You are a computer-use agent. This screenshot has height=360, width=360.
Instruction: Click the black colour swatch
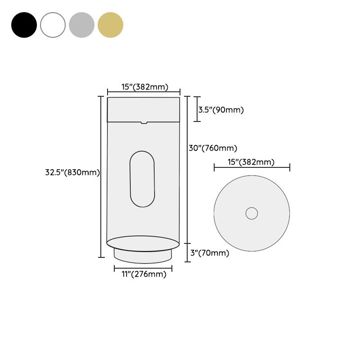coord(24,25)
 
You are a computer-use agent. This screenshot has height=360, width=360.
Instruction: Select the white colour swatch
coord(53,25)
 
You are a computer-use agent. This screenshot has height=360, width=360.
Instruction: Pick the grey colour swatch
coord(81,25)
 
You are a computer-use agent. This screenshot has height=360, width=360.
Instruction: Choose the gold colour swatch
coord(110,25)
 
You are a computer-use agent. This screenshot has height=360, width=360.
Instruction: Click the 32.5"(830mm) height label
coord(72,172)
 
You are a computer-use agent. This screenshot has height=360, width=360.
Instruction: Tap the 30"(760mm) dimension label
coord(212,148)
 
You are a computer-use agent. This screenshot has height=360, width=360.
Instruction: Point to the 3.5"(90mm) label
coord(221,110)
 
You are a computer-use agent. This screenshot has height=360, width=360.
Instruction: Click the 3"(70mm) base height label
coord(209,253)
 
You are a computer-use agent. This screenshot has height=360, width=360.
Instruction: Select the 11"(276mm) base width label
coord(144,274)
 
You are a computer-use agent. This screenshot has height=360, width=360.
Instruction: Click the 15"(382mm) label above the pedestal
coord(144,87)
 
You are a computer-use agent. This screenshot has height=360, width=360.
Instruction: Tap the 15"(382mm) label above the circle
coord(251,162)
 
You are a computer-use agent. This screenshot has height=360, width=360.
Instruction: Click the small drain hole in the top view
coord(252,213)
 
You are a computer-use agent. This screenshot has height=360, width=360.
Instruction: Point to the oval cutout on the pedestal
coord(142,179)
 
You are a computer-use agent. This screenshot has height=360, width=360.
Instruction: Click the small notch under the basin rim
coord(144,122)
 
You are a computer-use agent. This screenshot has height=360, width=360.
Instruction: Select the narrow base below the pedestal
coord(143,256)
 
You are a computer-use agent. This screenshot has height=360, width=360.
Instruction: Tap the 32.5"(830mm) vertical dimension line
coord(101,176)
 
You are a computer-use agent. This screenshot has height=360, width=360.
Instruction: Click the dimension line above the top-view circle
coord(252,168)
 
